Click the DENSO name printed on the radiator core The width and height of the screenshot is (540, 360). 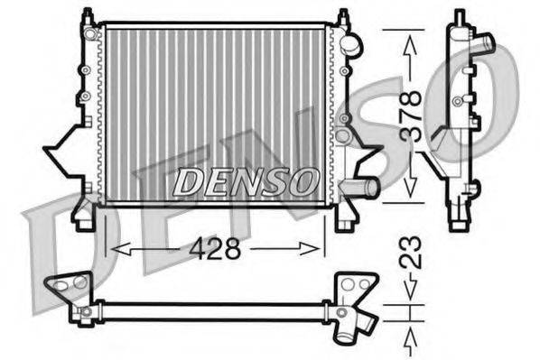[244, 181]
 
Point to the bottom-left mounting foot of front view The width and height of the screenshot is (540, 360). [84, 217]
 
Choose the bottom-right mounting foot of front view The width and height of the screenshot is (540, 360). [344, 217]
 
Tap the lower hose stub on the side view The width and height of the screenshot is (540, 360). [470, 189]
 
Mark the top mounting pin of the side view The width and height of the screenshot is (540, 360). [460, 16]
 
